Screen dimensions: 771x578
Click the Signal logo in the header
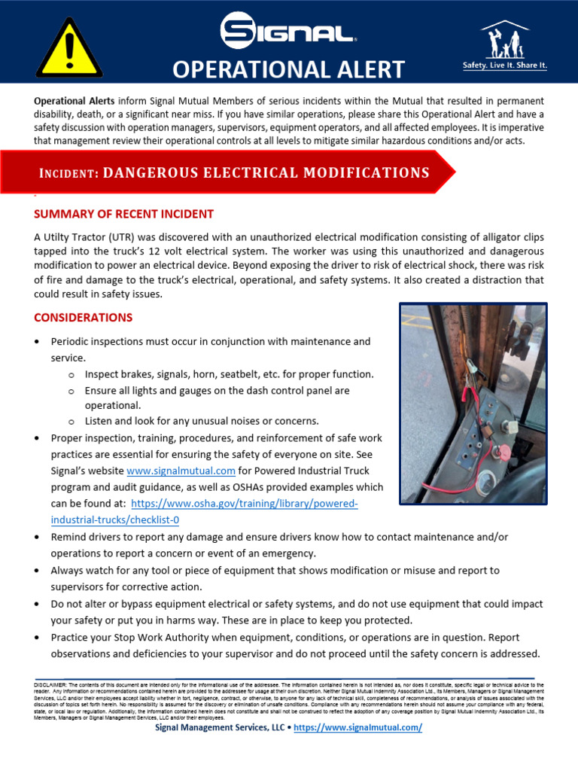[x=289, y=32]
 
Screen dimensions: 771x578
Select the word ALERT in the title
[x=369, y=70]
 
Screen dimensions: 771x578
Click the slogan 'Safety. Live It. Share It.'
[x=504, y=66]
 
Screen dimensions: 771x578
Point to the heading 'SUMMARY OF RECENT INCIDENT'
[x=124, y=214]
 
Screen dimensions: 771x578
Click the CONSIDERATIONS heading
[x=84, y=317]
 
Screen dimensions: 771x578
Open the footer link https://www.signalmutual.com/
[x=357, y=727]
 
